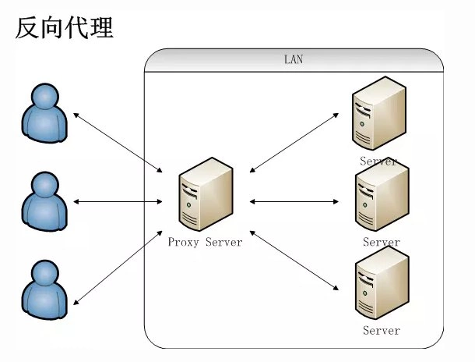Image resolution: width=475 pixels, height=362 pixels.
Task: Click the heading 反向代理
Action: (x=65, y=28)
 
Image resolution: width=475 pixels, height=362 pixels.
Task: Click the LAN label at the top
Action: (x=293, y=60)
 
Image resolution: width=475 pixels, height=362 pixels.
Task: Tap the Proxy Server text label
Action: (x=206, y=243)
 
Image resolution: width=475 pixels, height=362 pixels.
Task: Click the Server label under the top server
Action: (x=379, y=161)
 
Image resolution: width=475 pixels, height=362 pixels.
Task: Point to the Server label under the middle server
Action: (x=382, y=243)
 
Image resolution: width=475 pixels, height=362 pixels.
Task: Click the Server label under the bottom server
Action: (x=382, y=331)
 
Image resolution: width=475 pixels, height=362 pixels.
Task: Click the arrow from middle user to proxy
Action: (x=118, y=202)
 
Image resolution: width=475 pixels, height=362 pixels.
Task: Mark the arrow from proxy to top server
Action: (x=294, y=141)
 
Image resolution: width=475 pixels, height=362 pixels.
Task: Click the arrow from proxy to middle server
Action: (x=295, y=201)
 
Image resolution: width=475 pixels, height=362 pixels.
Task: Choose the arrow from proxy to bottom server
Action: (x=295, y=262)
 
